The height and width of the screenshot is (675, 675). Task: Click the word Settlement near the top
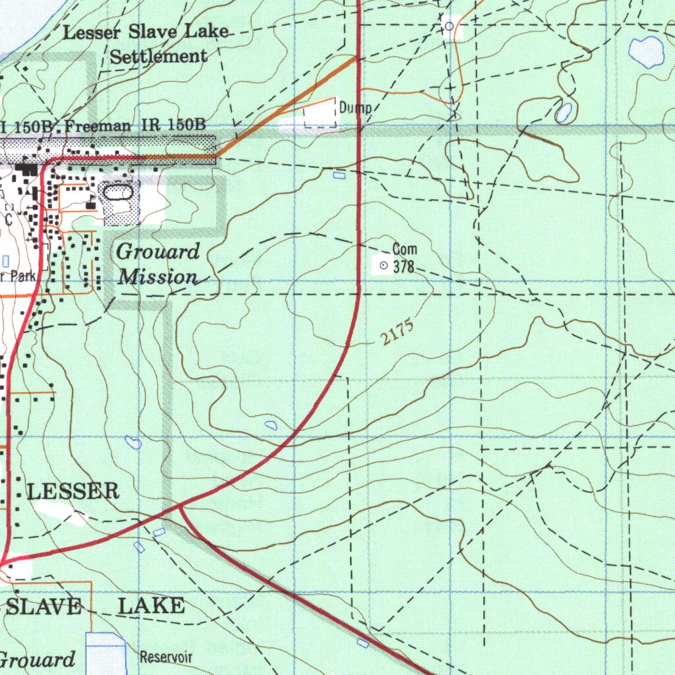[x=158, y=57]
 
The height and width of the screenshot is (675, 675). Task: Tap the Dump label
[x=356, y=108]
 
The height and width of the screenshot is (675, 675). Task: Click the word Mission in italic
[x=158, y=277]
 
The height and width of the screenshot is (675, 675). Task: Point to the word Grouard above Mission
[x=158, y=252]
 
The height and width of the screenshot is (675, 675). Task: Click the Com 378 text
[x=405, y=258]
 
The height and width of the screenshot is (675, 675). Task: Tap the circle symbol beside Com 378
[x=383, y=265]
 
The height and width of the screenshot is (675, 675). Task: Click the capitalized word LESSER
[x=73, y=490]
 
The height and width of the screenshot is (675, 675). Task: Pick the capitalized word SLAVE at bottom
[x=44, y=607]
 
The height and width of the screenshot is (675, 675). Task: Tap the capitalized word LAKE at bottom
[x=151, y=606]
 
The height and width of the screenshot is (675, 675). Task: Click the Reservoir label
[x=165, y=657]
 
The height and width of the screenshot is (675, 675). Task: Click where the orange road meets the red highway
[x=357, y=57]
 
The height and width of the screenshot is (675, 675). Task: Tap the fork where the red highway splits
[x=179, y=506]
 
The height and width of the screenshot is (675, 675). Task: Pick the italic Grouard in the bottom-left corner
[x=37, y=660]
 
